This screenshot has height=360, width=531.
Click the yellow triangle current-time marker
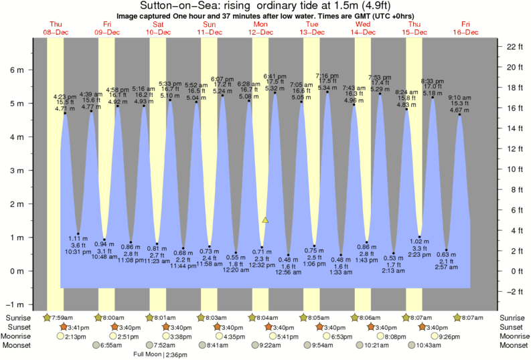point(265,219)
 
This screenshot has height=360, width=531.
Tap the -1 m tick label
point(16,304)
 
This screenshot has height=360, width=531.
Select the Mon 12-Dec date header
point(260,28)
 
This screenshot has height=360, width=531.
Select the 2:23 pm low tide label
point(420,255)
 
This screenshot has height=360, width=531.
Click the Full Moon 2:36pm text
point(161,355)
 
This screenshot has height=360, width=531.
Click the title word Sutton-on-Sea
point(173,5)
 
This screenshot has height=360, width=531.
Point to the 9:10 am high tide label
point(459,97)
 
